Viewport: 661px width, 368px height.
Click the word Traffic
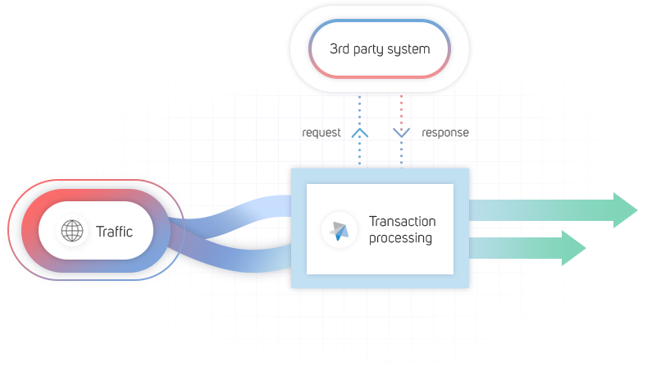pyautogui.click(x=114, y=232)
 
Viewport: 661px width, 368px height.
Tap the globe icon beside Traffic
pyautogui.click(x=72, y=232)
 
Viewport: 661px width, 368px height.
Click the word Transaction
pyautogui.click(x=403, y=222)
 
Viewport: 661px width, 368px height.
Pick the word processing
pyautogui.click(x=400, y=238)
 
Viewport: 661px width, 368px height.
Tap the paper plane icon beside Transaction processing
pyautogui.click(x=340, y=230)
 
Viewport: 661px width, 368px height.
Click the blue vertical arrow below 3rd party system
pyautogui.click(x=358, y=130)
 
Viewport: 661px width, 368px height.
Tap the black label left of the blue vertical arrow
pyautogui.click(x=321, y=131)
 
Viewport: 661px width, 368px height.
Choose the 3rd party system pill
pyautogui.click(x=379, y=49)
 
